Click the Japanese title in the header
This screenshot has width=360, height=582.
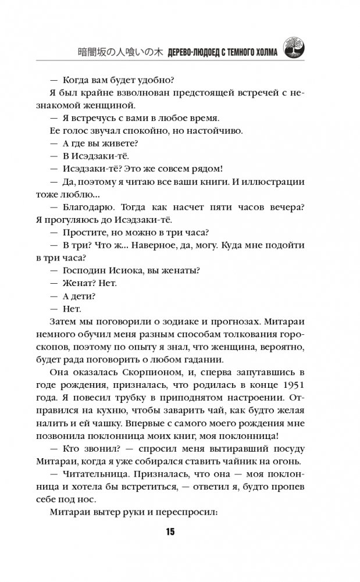pos(120,51)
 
